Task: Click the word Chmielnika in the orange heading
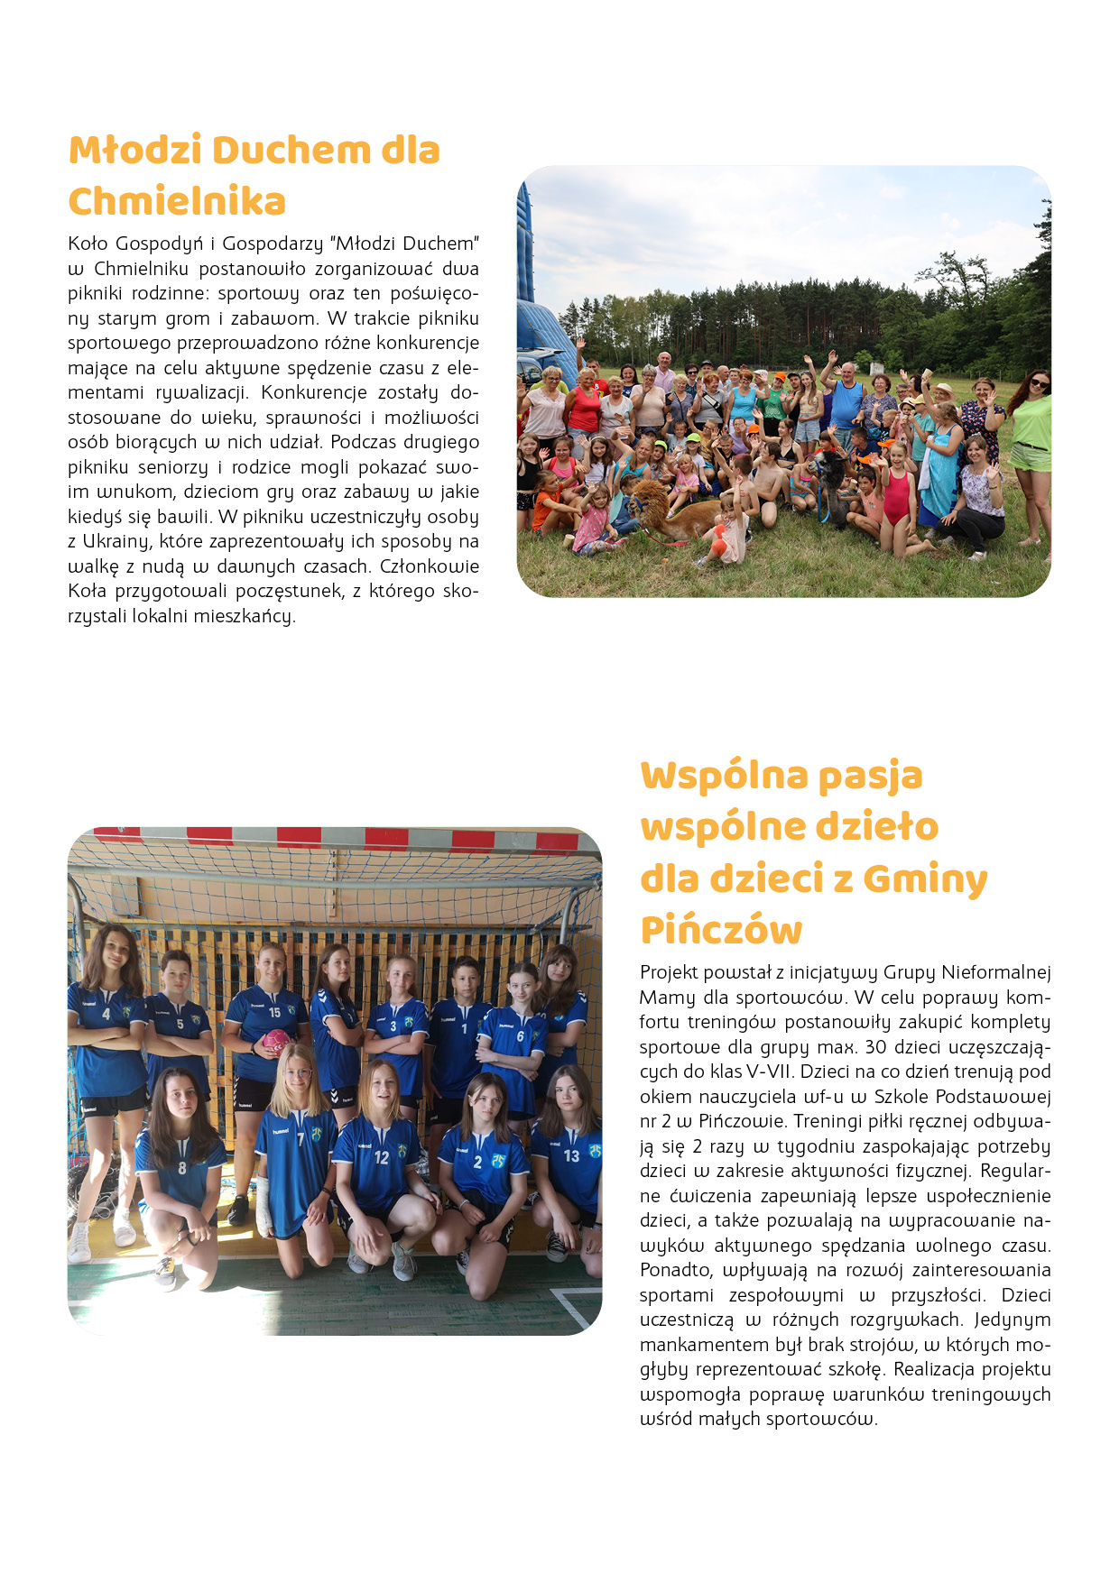click(177, 201)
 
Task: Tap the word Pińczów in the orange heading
click(721, 930)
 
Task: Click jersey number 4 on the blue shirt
click(106, 1014)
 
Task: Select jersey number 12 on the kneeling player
click(382, 1157)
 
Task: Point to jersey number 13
click(571, 1155)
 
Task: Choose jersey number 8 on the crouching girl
click(182, 1168)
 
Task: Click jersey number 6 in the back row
click(520, 1036)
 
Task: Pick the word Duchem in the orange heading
click(291, 151)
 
